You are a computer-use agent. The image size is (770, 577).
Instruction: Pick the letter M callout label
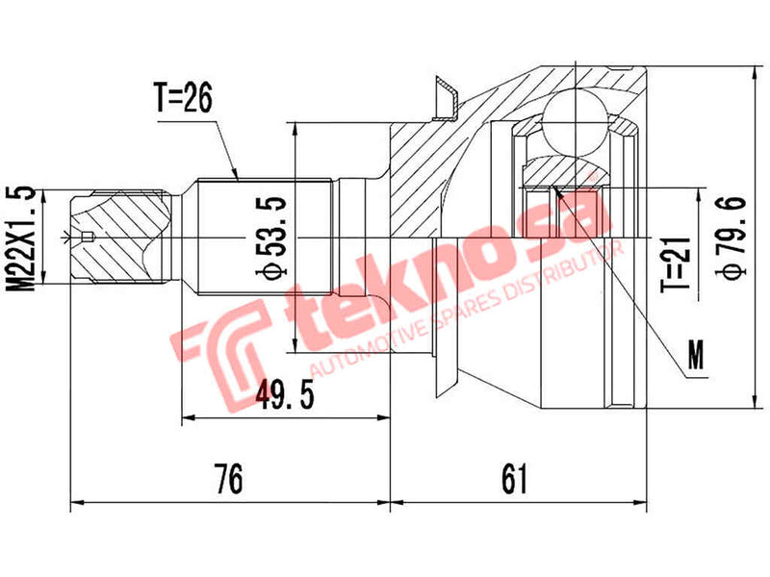pyautogui.click(x=695, y=360)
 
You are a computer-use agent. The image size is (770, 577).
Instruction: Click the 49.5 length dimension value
pyautogui.click(x=290, y=395)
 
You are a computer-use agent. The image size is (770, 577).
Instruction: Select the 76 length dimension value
pyautogui.click(x=228, y=477)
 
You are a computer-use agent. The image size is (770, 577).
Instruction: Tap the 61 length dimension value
pyautogui.click(x=515, y=477)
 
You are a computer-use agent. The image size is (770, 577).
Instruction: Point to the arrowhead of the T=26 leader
pyautogui.click(x=237, y=175)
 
